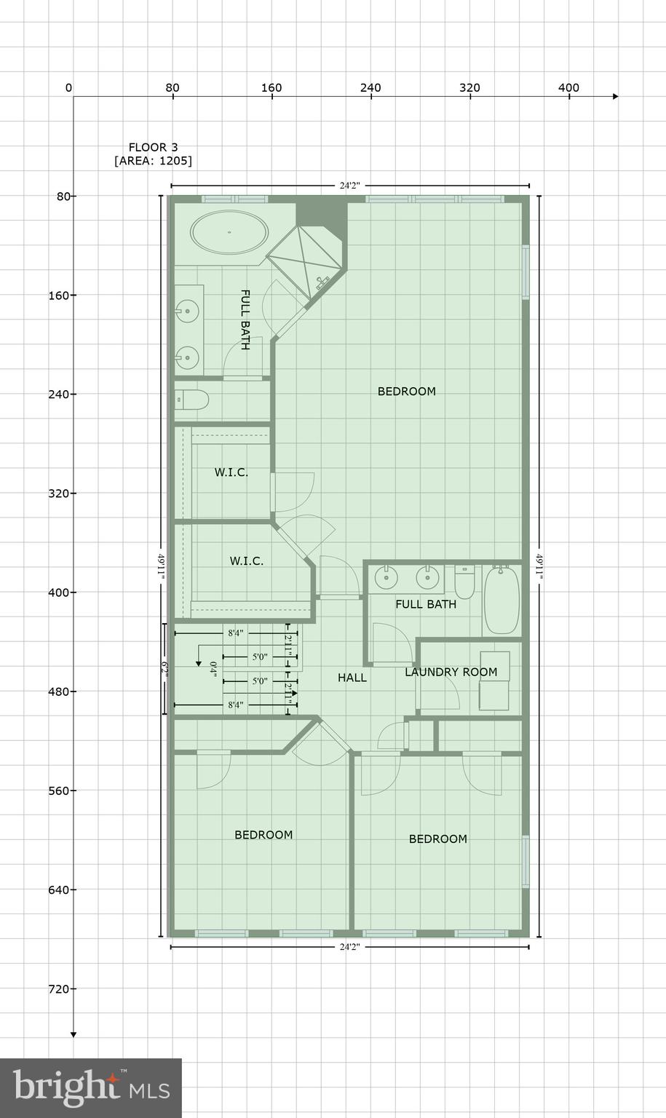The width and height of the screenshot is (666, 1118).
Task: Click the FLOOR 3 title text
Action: (x=153, y=147)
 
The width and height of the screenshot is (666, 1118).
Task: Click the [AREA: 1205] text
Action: (x=153, y=161)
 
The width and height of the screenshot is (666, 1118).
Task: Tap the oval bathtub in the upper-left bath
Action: (x=229, y=232)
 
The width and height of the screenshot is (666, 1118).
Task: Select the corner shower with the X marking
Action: (x=304, y=261)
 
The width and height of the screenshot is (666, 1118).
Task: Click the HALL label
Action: (x=352, y=678)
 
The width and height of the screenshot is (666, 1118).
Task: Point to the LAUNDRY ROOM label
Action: (x=451, y=672)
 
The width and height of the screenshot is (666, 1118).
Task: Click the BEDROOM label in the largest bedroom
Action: (x=406, y=392)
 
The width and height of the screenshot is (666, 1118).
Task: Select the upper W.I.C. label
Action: (x=231, y=472)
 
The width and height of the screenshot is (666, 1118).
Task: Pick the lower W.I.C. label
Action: (x=246, y=561)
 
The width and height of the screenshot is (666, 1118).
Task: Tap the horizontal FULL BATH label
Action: (x=426, y=604)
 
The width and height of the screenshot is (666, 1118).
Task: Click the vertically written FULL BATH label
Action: (x=245, y=320)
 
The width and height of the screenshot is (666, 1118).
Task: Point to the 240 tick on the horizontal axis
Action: (x=370, y=89)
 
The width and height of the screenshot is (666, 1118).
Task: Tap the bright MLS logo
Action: (x=90, y=1087)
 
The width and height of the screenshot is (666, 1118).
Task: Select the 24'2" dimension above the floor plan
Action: (x=349, y=186)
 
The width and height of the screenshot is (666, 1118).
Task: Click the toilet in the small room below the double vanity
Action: (x=192, y=400)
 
